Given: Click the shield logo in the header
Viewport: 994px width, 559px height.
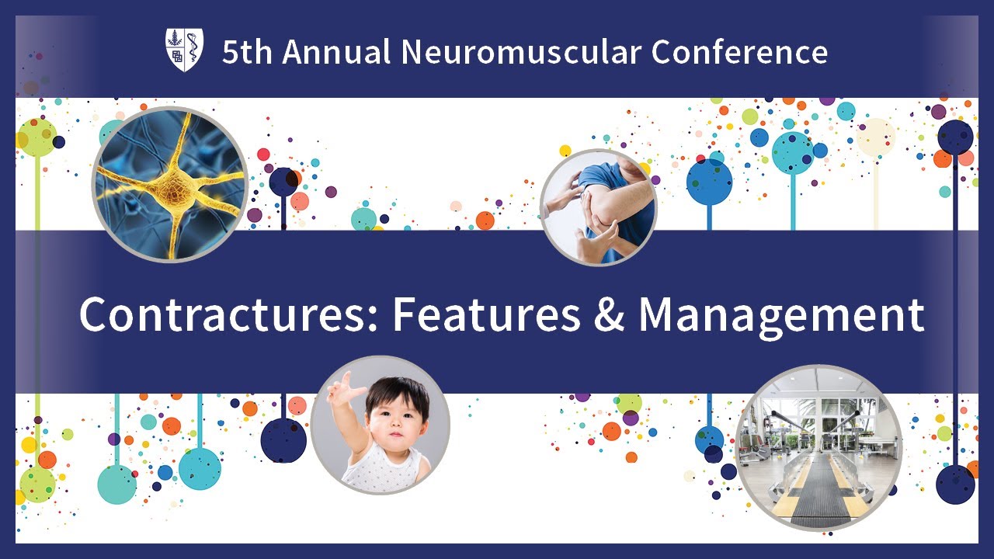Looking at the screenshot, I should click(x=185, y=50).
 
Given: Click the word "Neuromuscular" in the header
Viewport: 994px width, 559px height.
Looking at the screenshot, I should click(x=521, y=52).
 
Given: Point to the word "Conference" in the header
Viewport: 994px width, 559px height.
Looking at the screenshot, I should click(x=739, y=52).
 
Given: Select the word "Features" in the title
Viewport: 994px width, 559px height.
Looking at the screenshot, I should click(x=486, y=314).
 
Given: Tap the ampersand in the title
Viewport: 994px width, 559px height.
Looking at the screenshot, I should click(x=610, y=314).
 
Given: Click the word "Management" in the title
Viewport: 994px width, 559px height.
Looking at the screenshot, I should click(x=781, y=314).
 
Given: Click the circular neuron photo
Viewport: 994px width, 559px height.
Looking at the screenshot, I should click(x=170, y=184).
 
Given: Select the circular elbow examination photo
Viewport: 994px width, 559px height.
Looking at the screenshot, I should click(x=599, y=207).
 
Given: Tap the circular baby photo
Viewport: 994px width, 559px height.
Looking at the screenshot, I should click(x=380, y=425).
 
